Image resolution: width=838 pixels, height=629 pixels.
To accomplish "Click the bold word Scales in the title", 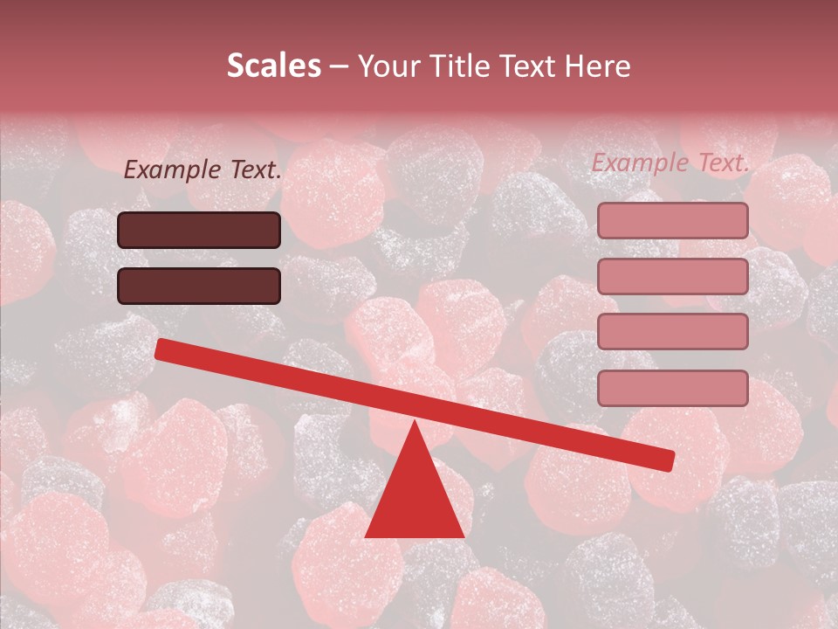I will coord(273,66).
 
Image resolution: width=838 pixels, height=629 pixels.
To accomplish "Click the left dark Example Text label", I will coord(203,170).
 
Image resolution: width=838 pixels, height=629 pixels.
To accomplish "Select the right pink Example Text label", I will coord(670,162).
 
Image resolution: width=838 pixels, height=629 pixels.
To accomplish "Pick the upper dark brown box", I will coord(199,230).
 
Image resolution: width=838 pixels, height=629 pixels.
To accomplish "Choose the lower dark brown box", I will coord(199,286).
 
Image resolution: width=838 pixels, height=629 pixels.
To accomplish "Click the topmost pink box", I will coord(672,220).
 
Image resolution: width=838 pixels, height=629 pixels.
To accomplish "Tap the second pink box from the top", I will coord(672,276).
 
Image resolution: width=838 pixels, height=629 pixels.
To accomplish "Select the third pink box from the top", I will coord(672,332).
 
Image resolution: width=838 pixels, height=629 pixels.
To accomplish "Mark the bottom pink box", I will coord(672,388).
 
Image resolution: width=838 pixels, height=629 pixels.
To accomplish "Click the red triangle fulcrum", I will coord(414,498).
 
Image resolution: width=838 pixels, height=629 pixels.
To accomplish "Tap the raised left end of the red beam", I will coord(161,349).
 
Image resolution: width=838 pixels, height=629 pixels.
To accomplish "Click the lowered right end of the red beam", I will coord(668,460).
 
